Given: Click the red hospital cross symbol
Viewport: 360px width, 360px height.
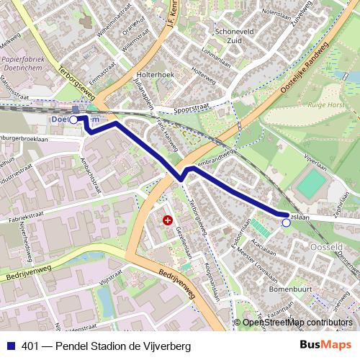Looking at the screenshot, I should point(168,220).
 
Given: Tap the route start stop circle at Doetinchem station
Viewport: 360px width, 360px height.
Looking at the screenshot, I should point(73,120).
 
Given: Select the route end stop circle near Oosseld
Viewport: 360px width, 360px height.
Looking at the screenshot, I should point(286,223).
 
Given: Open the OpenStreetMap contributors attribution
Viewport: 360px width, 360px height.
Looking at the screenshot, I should point(297,323).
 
